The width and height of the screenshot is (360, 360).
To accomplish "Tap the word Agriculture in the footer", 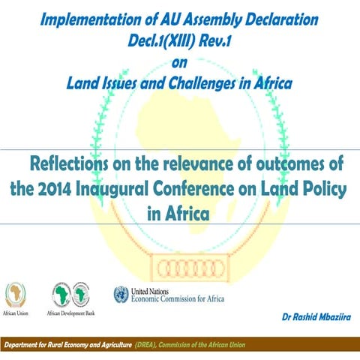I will point(111,344).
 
